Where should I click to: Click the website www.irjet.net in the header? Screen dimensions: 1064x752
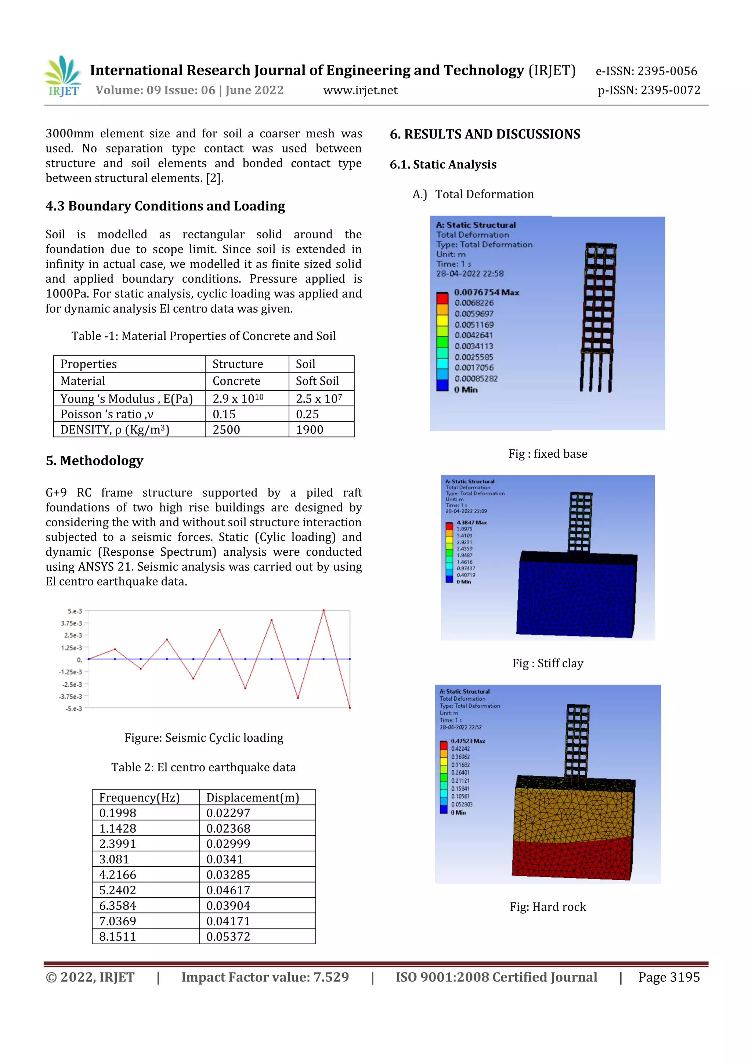(360, 90)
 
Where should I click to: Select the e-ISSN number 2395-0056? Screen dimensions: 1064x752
(667, 71)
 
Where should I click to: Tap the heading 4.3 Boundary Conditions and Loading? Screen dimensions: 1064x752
(165, 206)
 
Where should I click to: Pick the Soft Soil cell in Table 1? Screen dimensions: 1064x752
(317, 381)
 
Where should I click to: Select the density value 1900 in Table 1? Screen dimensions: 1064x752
(309, 430)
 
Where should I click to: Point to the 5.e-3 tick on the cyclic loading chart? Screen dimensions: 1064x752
(75, 611)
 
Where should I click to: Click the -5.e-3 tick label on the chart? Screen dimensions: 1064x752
(74, 708)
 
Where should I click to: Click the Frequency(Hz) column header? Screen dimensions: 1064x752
(139, 797)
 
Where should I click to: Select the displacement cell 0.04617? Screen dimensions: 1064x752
(228, 890)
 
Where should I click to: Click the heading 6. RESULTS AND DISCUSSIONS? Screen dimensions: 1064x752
(485, 134)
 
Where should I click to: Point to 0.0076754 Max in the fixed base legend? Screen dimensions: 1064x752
(486, 292)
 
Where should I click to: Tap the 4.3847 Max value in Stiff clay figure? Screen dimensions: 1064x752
(471, 522)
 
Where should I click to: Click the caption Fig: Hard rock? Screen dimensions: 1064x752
(548, 906)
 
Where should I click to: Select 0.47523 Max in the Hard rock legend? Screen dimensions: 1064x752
(467, 741)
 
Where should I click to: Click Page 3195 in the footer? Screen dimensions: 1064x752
(669, 977)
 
